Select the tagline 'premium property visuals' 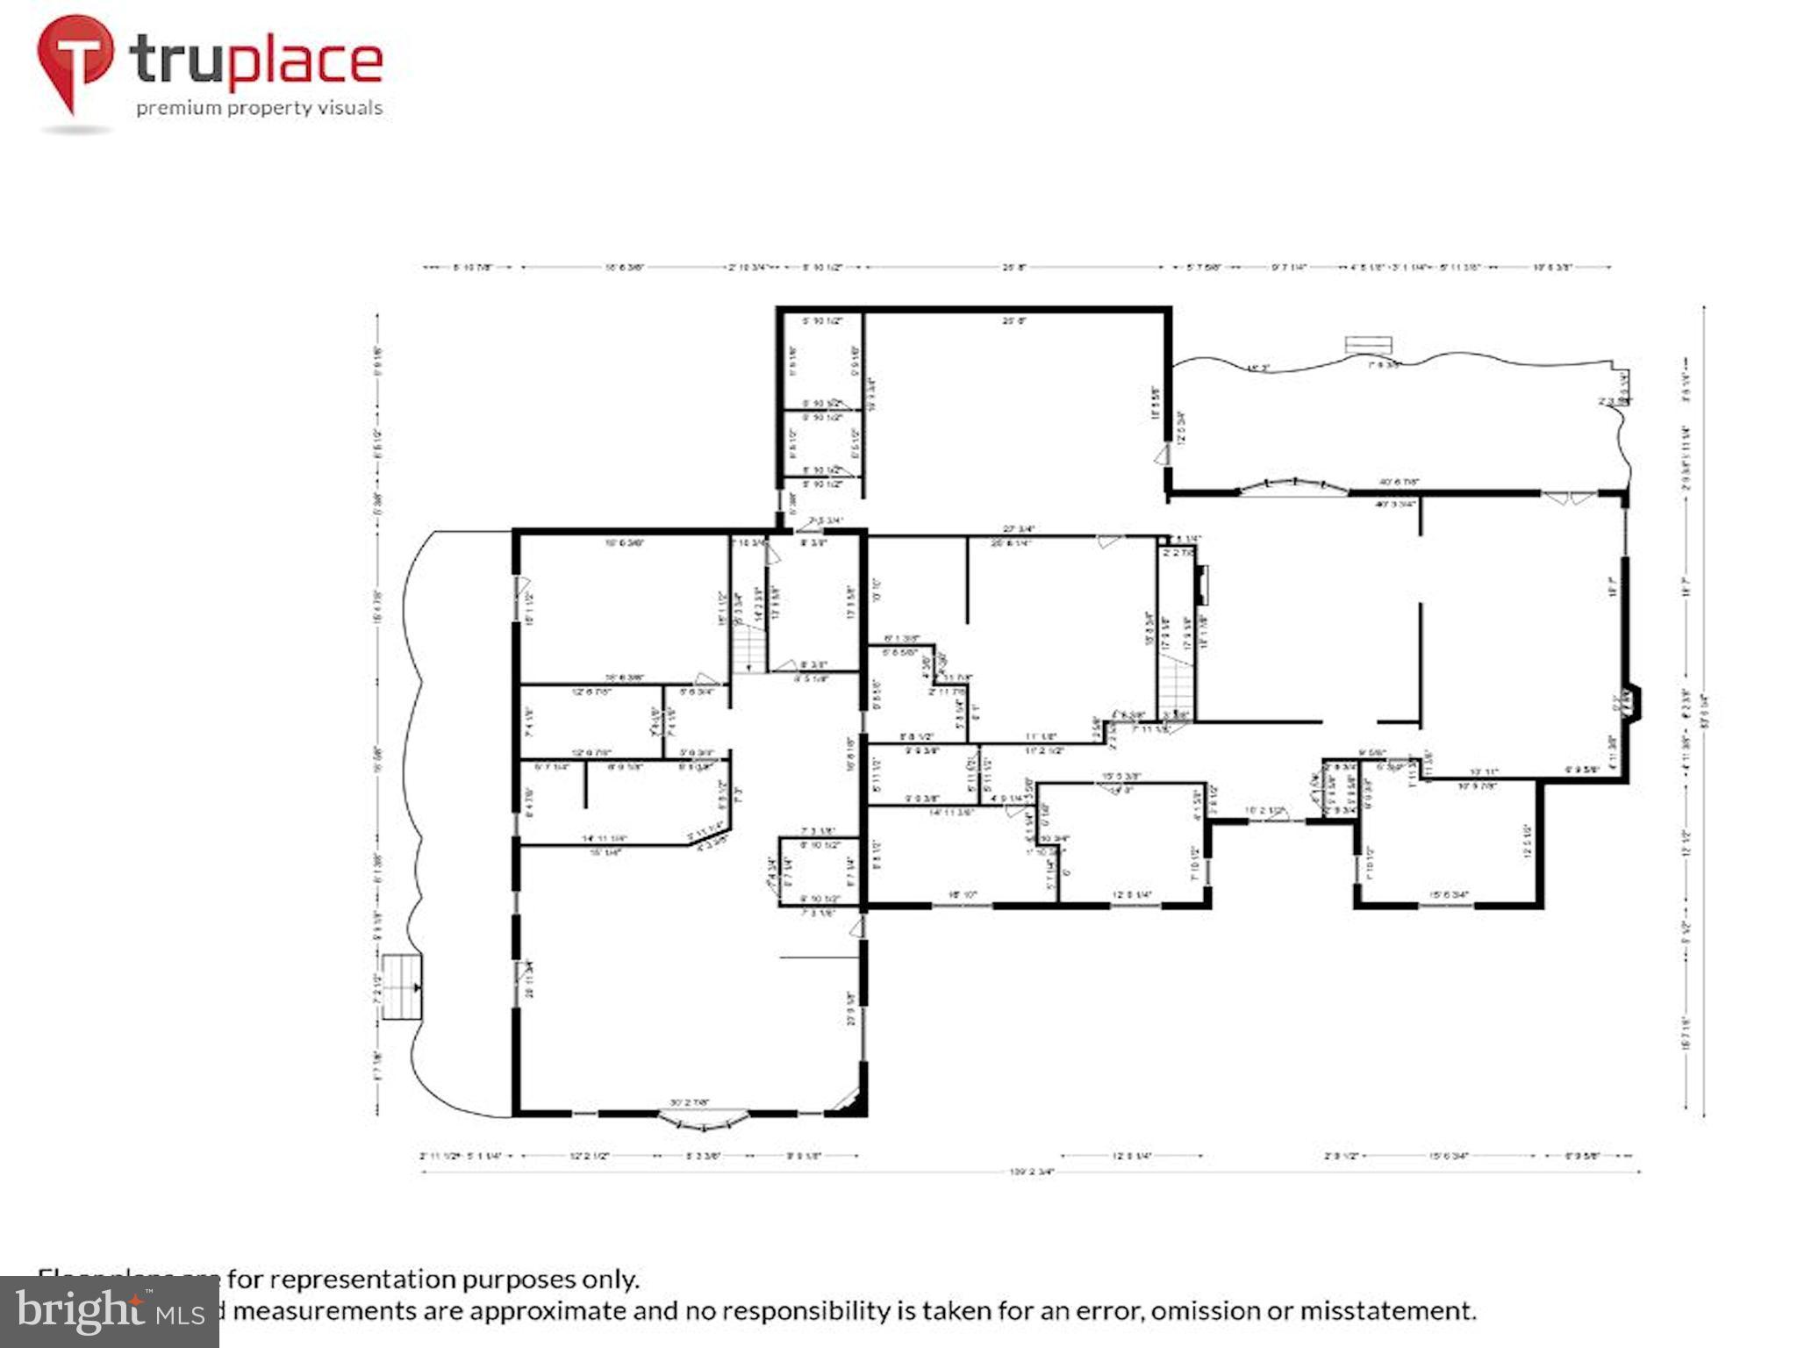pos(259,108)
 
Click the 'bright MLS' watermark pos(110,1311)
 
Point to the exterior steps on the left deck pos(402,987)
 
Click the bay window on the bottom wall pos(705,1118)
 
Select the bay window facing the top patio pos(1293,485)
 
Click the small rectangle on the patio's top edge pos(1369,343)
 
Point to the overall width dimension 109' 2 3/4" pos(1031,1171)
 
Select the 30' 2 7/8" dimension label pos(690,1102)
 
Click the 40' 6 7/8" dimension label pos(1399,482)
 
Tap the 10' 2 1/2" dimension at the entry pos(1264,810)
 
